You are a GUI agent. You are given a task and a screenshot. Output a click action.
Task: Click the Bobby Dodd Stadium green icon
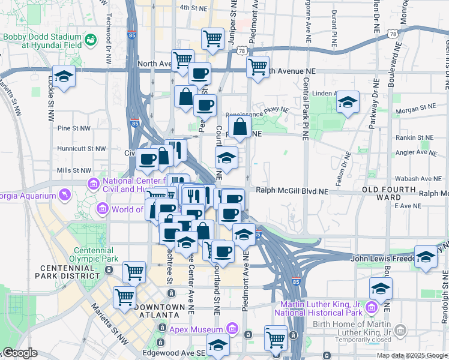(91, 40)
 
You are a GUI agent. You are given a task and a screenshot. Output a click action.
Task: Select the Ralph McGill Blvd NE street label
(292, 191)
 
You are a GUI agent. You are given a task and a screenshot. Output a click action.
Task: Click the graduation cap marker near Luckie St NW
(62, 76)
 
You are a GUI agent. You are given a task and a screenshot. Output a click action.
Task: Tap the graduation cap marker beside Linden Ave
(347, 102)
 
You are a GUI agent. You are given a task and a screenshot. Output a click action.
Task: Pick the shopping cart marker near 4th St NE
(212, 38)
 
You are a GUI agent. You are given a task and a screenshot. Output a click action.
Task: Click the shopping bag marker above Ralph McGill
(240, 127)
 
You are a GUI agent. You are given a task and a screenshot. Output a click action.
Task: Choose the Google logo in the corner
(20, 353)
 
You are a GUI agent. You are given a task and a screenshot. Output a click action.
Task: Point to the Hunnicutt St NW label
(72, 148)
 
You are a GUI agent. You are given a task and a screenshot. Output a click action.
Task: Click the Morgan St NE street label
(420, 107)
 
